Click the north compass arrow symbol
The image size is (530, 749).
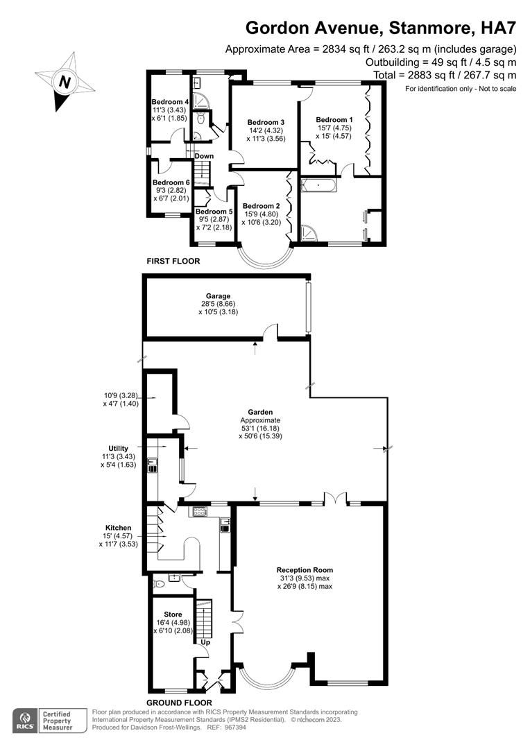[65, 81]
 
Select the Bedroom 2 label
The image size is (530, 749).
[261, 206]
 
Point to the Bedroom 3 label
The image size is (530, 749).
[266, 121]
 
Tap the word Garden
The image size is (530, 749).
[261, 412]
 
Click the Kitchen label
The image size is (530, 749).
[119, 528]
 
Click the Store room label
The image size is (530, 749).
[173, 614]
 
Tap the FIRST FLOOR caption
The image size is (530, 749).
[173, 261]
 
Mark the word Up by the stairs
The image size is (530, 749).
[205, 642]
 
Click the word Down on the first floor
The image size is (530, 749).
[204, 156]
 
